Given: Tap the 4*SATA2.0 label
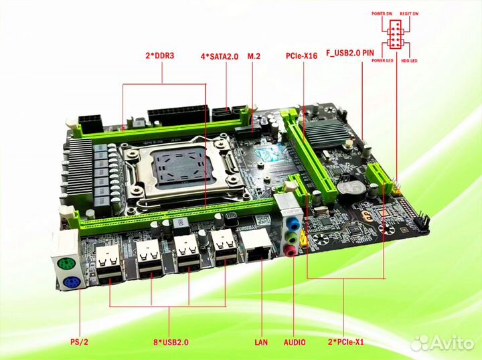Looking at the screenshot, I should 220,56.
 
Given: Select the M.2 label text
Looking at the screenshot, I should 254,56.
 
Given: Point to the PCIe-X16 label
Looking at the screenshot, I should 300,56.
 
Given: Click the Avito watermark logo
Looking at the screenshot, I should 443,342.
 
